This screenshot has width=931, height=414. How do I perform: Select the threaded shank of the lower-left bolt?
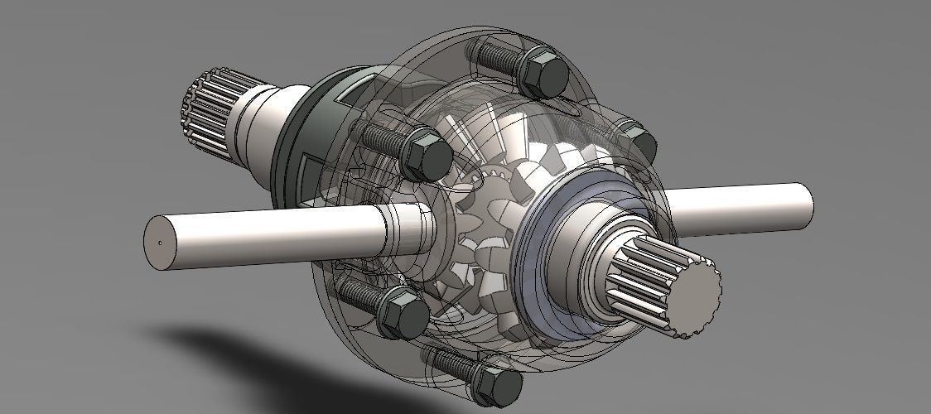point(356,293)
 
